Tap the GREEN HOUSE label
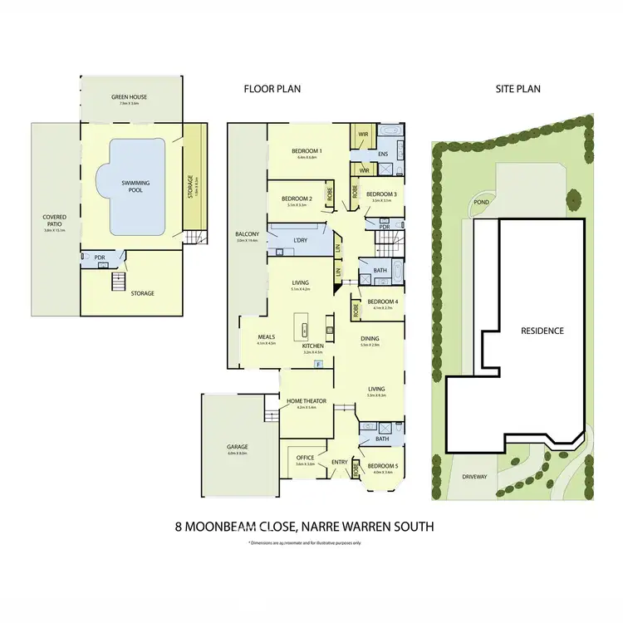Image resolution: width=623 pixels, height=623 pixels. click(x=129, y=97)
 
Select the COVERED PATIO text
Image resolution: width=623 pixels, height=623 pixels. click(x=54, y=222)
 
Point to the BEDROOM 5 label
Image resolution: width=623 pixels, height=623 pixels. click(x=382, y=466)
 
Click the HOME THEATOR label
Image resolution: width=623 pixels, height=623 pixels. click(x=306, y=401)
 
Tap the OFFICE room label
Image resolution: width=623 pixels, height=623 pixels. click(x=305, y=458)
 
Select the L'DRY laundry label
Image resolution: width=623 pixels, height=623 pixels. click(x=301, y=241)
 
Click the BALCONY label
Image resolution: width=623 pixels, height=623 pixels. click(x=248, y=234)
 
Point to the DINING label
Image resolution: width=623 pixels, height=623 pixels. click(x=371, y=338)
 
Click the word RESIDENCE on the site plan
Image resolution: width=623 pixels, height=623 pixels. click(x=542, y=331)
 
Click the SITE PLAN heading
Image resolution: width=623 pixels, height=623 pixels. click(x=512, y=87)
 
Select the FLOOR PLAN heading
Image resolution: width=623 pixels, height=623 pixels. click(x=272, y=87)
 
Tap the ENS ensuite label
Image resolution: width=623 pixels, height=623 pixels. click(x=384, y=154)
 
